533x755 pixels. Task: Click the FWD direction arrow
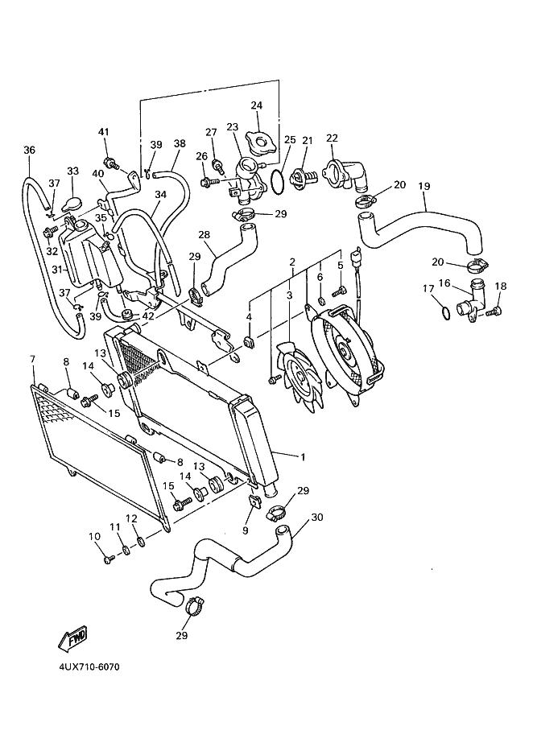coord(72,637)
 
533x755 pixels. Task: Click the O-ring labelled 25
coord(277,183)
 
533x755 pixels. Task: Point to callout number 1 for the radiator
coord(303,457)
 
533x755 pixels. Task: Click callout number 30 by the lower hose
coord(317,517)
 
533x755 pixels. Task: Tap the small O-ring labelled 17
coord(446,313)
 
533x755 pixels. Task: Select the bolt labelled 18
coord(493,311)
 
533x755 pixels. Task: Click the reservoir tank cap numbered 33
coord(72,204)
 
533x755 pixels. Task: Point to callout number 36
coord(29,151)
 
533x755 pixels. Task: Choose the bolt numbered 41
coord(111,163)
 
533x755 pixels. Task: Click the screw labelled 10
coord(109,559)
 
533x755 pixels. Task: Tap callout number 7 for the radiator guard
coord(33,359)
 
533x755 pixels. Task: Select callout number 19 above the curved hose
coord(424,186)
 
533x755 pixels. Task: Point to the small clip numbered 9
coord(254,502)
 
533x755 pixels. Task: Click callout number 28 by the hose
coord(205,234)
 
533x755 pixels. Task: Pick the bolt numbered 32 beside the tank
coord(50,233)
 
